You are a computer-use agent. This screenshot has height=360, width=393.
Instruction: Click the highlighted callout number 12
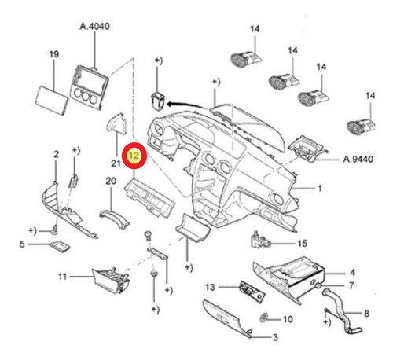(x=134, y=156)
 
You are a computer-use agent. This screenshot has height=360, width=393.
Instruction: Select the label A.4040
(x=94, y=26)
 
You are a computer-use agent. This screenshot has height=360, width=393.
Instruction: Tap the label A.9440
(x=358, y=159)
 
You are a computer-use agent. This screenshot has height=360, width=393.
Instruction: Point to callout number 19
(x=54, y=54)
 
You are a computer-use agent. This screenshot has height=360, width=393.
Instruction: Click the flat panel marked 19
(x=52, y=100)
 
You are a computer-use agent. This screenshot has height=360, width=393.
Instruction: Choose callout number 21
(x=116, y=163)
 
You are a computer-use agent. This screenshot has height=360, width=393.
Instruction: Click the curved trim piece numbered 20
(x=115, y=219)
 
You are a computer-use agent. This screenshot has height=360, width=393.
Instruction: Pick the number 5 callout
(x=22, y=244)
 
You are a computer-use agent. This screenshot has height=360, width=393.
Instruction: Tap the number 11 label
(x=62, y=277)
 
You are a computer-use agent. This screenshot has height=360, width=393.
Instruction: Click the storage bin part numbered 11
(x=111, y=280)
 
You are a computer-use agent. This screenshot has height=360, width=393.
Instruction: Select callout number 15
(x=303, y=243)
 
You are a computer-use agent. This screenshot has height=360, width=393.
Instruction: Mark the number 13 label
(x=210, y=287)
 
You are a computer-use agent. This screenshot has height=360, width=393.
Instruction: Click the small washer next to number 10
(x=263, y=318)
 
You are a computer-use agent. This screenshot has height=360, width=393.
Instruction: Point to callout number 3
(x=275, y=337)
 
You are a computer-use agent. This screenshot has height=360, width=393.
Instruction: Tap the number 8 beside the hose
(x=366, y=313)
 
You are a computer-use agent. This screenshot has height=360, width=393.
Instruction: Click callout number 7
(x=352, y=285)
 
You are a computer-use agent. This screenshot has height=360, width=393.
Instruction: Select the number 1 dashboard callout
(x=320, y=188)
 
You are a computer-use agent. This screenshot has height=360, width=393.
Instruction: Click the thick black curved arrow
(x=187, y=105)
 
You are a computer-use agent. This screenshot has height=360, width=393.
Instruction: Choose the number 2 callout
(x=56, y=154)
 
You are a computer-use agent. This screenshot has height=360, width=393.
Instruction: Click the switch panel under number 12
(x=149, y=198)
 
